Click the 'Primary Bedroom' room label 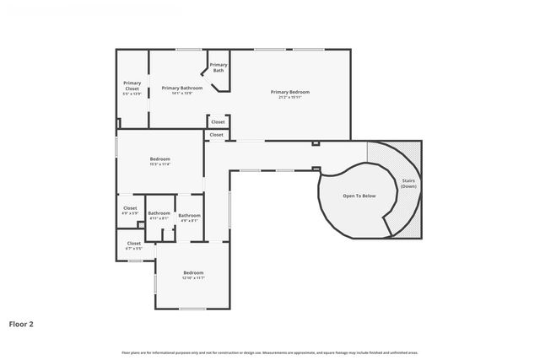coord(289,91)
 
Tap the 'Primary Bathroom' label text coord(182,88)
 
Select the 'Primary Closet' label coord(132,85)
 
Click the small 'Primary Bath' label coord(218,67)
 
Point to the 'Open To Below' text coord(359,195)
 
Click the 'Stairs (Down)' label coord(408,183)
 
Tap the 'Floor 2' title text coord(21,323)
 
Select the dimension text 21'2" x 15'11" coord(289,97)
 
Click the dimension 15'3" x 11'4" coord(160,164)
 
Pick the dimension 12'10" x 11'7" coord(194,277)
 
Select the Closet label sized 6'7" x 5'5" coord(133,243)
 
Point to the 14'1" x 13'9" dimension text coord(182,94)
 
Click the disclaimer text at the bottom coord(270,352)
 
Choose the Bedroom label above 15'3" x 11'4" coord(160,159)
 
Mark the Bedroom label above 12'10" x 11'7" coord(194,271)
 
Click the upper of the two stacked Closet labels coord(218,121)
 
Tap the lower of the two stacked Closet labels coord(216,134)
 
